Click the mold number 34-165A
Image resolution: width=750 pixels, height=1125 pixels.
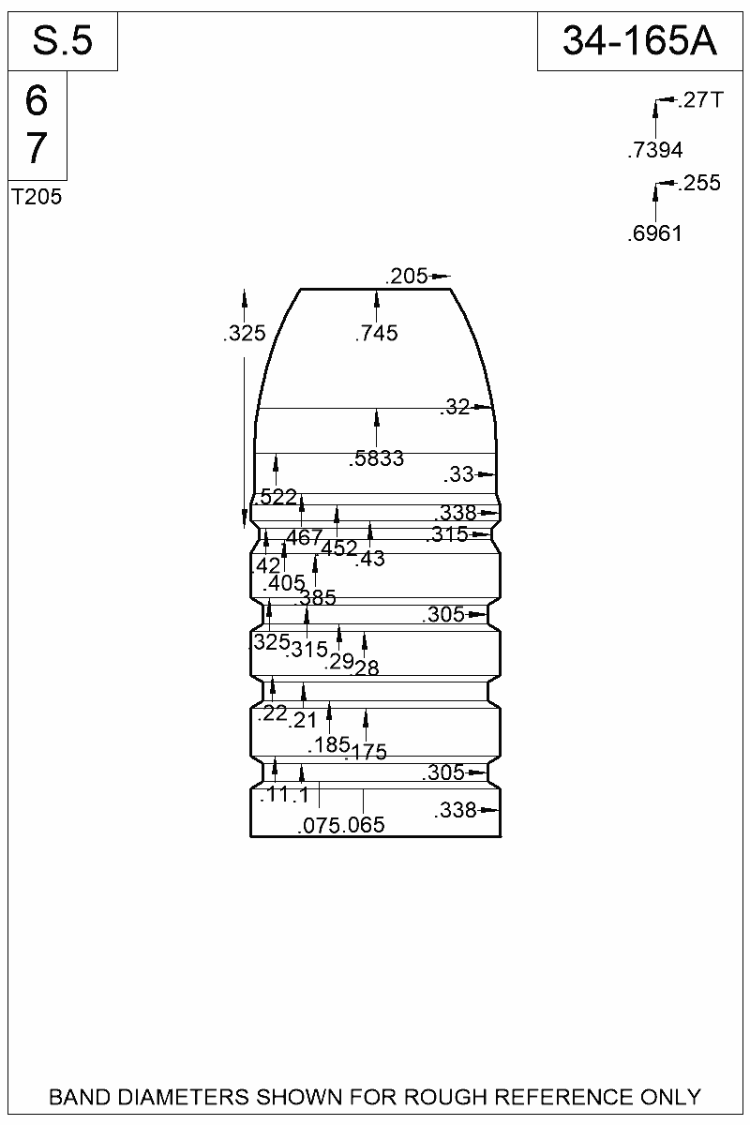tap(640, 41)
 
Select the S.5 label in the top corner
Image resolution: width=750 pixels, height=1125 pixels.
tap(63, 41)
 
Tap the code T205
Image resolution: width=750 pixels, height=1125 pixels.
tap(37, 198)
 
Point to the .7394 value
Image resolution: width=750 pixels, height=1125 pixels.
tap(654, 150)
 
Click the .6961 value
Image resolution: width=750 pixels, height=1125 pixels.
tap(654, 233)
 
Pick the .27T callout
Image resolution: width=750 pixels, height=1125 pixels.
tap(699, 100)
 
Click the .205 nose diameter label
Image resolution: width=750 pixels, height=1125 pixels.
tap(406, 276)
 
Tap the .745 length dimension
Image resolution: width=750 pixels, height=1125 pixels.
tap(377, 333)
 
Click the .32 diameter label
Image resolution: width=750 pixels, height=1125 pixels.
tap(455, 407)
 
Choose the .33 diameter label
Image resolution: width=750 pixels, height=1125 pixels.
tap(458, 475)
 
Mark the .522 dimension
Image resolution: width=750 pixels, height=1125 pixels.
tap(277, 497)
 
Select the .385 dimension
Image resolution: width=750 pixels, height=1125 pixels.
tap(317, 597)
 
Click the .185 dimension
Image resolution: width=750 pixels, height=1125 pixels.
tap(329, 745)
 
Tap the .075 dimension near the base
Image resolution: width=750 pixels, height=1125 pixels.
tap(319, 825)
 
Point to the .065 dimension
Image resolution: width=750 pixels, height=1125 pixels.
tap(365, 825)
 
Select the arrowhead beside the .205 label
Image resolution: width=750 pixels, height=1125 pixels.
tap(442, 276)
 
